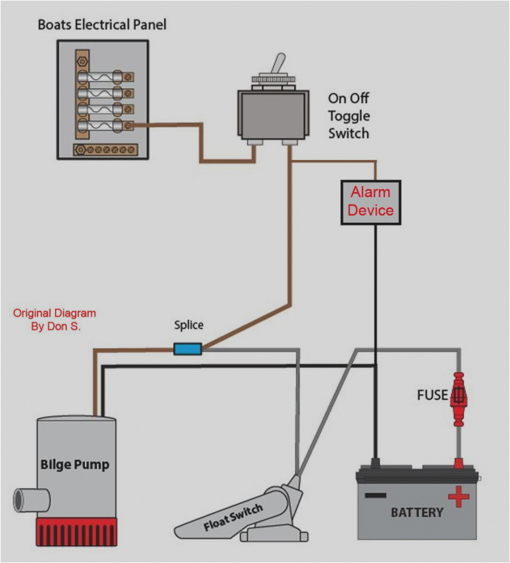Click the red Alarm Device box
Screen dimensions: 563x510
pyautogui.click(x=370, y=201)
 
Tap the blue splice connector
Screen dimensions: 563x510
pyautogui.click(x=188, y=348)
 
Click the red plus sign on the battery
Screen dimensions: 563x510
pyautogui.click(x=458, y=496)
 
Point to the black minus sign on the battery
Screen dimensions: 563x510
pyautogui.click(x=375, y=495)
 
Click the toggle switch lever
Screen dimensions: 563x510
pyautogui.click(x=279, y=64)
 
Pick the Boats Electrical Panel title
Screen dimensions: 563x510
pyautogui.click(x=102, y=25)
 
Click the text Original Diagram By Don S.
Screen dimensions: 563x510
pyautogui.click(x=55, y=320)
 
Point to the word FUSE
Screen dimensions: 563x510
pyautogui.click(x=432, y=395)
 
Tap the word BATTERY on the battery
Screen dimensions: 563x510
pyautogui.click(x=416, y=513)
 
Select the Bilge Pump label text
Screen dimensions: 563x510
pyautogui.click(x=74, y=464)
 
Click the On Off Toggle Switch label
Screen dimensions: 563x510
pyautogui.click(x=349, y=116)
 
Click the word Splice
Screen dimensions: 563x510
pyautogui.click(x=189, y=325)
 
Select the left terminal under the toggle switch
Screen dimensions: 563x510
pyautogui.click(x=254, y=142)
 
